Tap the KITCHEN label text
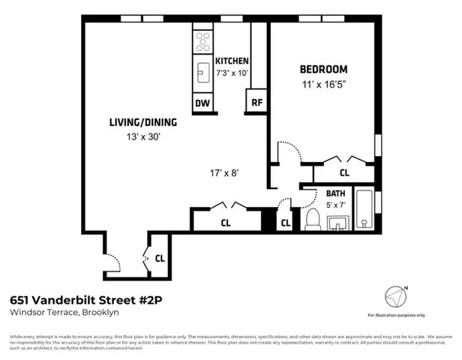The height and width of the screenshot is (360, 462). pyautogui.click(x=232, y=61)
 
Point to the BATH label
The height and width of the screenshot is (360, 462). pyautogui.click(x=335, y=193)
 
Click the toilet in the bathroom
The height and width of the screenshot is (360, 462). pyautogui.click(x=313, y=220)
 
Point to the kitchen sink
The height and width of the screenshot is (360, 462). pyautogui.click(x=202, y=72)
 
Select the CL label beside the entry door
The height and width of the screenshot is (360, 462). pyautogui.click(x=160, y=258)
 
